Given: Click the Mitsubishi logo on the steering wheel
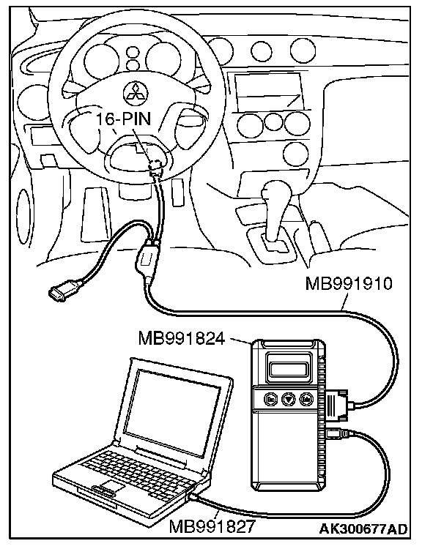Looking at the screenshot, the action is pos(136,94).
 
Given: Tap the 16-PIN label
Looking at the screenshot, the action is pos(124,119).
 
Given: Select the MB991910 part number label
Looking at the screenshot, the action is pos(349,284).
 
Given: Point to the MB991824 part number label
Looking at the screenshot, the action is pos(182,338).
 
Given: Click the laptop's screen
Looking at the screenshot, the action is pos(178,413).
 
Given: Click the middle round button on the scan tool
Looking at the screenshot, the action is pos(289,399).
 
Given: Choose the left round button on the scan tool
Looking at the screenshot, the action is pos(270,398).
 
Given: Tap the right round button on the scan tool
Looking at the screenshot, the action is pos(306,399).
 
